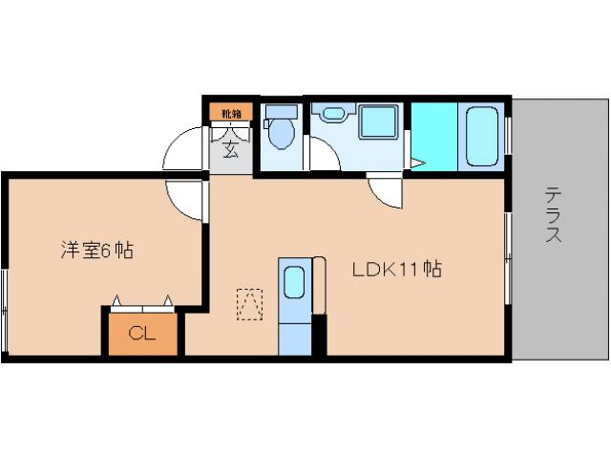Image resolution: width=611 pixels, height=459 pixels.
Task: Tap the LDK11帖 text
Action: coord(396,270)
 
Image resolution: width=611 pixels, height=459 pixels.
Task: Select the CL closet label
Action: coord(142,334)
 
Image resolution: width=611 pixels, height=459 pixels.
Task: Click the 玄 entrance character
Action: coord(231,148)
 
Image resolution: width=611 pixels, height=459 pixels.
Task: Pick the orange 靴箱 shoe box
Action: coord(231,113)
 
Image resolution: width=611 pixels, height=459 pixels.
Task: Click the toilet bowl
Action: coord(282,137)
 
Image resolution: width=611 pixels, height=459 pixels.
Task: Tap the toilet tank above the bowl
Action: coord(282,111)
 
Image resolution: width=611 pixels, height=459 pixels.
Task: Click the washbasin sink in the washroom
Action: coord(332,115)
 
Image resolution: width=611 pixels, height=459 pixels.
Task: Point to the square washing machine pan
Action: coord(378,122)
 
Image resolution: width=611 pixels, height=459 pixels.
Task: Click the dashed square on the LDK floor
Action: coord(249,305)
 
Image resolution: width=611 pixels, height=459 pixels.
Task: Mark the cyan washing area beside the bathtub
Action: coord(433,135)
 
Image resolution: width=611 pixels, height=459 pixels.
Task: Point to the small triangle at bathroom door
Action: coord(415,164)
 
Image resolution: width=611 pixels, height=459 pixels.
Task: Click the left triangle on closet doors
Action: coord(116,301)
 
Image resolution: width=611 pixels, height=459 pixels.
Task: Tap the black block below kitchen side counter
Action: coord(320,335)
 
